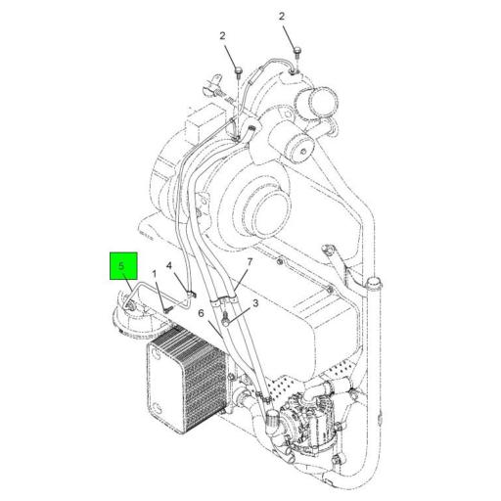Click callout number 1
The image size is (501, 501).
pyautogui.click(x=155, y=273)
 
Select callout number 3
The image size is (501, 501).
pyautogui.click(x=255, y=303)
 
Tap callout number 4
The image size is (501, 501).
pyautogui.click(x=169, y=266)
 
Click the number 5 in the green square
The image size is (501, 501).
pyautogui.click(x=121, y=266)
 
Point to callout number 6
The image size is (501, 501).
pyautogui.click(x=201, y=313)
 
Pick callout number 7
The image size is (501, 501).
pyautogui.click(x=250, y=261)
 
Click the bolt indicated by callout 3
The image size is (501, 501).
pyautogui.click(x=225, y=319)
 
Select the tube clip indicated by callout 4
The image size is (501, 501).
pyautogui.click(x=191, y=295)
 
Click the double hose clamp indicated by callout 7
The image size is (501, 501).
pyautogui.click(x=225, y=298)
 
